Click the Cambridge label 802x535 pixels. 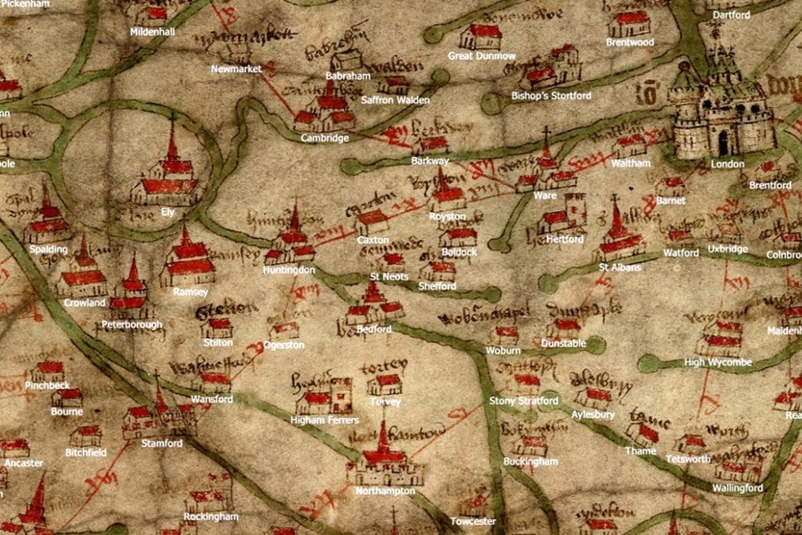pos(324,138)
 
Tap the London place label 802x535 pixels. pos(727,164)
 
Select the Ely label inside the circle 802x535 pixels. pos(168,213)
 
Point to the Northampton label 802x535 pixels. pos(385,491)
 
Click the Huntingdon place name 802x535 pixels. pos(289,269)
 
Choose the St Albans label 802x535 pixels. pos(620,267)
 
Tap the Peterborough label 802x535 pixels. pos(132,325)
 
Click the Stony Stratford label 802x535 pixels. pos(524,401)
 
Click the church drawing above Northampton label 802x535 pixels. pos(384,460)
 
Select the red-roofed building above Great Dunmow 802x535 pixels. pos(481,36)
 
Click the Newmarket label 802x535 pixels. pos(236,69)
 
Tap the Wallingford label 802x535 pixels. pos(737,488)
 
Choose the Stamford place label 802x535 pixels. pos(161,443)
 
